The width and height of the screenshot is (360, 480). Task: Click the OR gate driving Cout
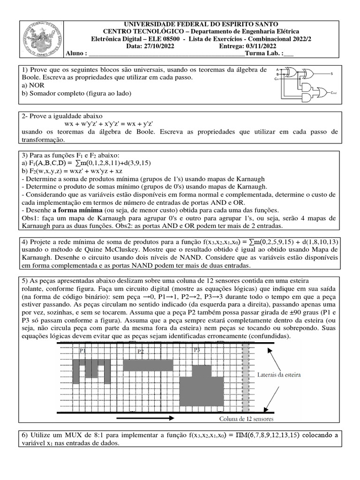tap(322, 92)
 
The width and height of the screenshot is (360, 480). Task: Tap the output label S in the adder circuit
tap(332, 74)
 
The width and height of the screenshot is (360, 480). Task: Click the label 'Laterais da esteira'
tap(279, 375)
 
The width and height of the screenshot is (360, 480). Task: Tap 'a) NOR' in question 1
tap(33, 85)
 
